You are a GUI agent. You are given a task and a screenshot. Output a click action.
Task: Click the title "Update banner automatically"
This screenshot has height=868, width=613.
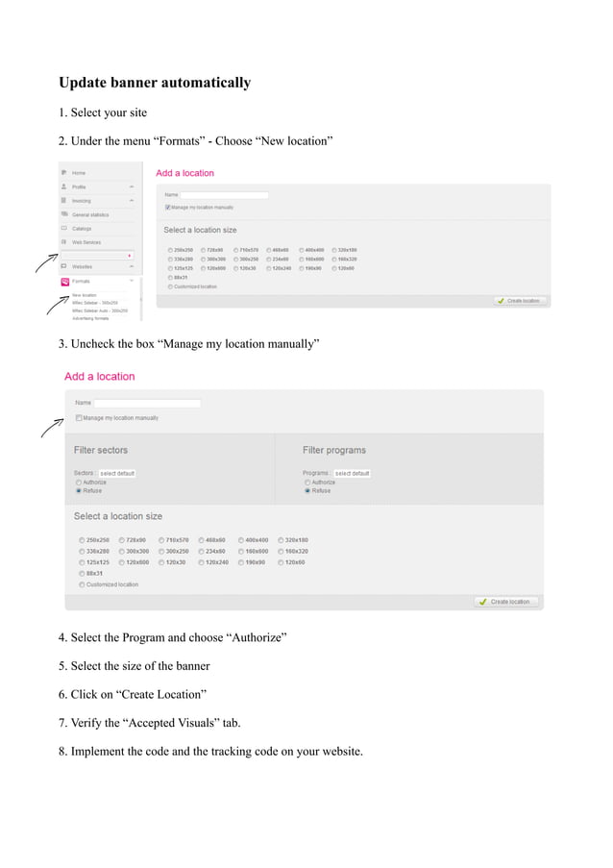click(x=155, y=83)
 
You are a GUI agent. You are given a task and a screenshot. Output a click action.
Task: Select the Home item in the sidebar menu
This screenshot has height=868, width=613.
click(x=79, y=173)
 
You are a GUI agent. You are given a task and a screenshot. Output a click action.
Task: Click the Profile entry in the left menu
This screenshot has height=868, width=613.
click(x=79, y=186)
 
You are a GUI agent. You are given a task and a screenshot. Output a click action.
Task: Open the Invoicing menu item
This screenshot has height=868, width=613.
click(x=82, y=201)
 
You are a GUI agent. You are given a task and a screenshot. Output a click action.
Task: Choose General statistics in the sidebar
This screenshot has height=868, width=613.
click(x=90, y=214)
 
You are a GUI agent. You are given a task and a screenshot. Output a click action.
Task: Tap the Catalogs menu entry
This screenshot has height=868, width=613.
click(x=82, y=229)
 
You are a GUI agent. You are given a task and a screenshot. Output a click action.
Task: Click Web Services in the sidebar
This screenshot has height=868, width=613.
click(x=86, y=242)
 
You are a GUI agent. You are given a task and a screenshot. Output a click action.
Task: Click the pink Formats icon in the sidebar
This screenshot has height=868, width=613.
click(x=64, y=282)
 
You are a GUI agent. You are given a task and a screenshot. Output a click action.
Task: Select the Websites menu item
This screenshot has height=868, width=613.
click(x=83, y=266)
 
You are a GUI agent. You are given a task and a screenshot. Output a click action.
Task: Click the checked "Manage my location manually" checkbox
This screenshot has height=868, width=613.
click(x=168, y=207)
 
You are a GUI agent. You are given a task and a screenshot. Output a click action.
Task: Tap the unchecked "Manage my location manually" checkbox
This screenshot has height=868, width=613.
click(x=79, y=418)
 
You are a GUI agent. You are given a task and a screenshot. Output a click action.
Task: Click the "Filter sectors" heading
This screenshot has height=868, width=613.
click(x=101, y=450)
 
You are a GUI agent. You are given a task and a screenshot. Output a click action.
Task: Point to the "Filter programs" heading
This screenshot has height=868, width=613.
click(x=334, y=450)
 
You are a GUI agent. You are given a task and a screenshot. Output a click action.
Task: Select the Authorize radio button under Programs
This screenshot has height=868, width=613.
click(x=307, y=483)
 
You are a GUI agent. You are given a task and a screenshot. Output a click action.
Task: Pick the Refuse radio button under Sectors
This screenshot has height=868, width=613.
click(x=79, y=490)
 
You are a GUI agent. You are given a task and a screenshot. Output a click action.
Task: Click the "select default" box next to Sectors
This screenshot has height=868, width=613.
click(x=117, y=473)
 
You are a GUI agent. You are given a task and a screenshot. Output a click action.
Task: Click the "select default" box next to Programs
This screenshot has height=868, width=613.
click(x=353, y=473)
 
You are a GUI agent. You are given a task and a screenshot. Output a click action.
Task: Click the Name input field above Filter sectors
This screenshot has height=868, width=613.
click(x=147, y=403)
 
